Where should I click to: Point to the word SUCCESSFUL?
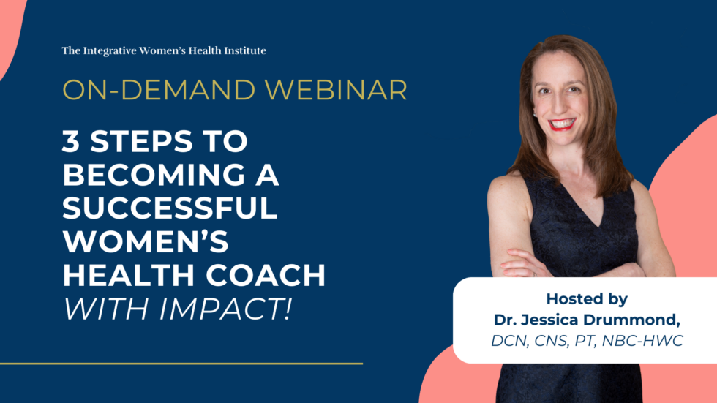[170, 209]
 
